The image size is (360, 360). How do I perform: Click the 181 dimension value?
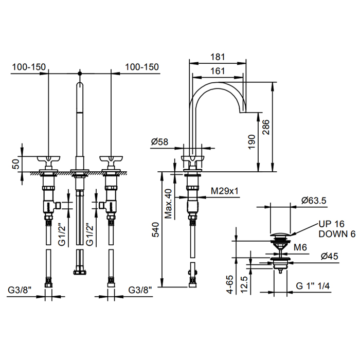click(x=218, y=57)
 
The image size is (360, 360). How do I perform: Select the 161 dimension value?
click(x=218, y=71)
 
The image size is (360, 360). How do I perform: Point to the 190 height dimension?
click(x=252, y=141)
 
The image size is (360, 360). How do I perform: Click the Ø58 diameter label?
click(x=160, y=141)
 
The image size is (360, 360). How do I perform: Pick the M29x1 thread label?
click(x=225, y=191)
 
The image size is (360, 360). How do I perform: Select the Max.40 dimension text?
click(x=168, y=204)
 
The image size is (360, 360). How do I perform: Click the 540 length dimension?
click(x=155, y=229)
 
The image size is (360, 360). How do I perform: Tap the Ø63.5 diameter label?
click(x=314, y=201)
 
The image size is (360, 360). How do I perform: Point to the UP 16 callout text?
click(x=332, y=224)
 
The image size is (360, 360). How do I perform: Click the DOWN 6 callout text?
click(x=337, y=234)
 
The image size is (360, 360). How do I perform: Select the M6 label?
click(x=300, y=247)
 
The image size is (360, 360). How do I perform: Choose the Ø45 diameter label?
click(x=330, y=256)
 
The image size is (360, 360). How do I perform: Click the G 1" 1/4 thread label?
click(x=313, y=286)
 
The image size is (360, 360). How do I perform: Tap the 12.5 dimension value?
click(x=244, y=284)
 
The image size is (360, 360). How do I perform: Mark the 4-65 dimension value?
click(x=230, y=284)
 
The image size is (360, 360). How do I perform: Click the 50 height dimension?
click(x=16, y=164)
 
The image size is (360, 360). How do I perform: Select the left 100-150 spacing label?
click(x=29, y=67)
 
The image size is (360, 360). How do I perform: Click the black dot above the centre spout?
click(x=80, y=74)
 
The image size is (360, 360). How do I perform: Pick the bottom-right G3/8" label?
click(x=140, y=290)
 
